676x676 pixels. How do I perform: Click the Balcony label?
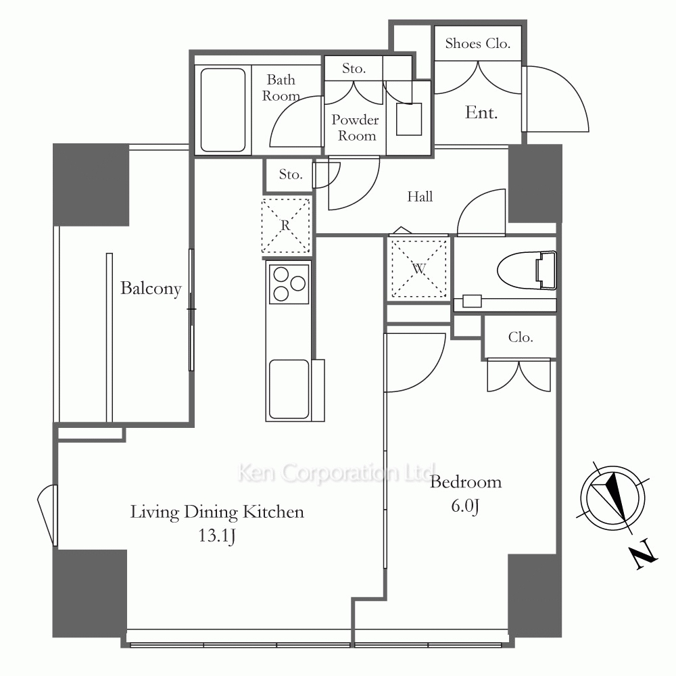pos(151,289)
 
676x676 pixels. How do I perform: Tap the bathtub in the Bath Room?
pos(223,110)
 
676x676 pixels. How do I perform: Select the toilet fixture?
pos(527,270)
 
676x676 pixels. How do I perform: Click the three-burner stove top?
pos(289,284)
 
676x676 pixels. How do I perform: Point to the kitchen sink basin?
pos(289,390)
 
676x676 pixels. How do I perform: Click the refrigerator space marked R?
pos(285,225)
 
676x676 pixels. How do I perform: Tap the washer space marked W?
pos(418,268)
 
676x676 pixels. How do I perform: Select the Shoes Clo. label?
pos(478,43)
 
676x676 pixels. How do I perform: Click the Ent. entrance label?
pos(481,112)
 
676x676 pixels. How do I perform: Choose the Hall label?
pos(420,197)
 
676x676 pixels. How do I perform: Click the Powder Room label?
pos(356,128)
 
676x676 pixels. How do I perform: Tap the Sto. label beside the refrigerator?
pos(291,174)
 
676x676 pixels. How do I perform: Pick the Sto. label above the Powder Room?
pos(354,68)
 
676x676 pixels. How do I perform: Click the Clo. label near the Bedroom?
pos(521,337)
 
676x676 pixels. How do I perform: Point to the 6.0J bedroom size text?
pos(465,505)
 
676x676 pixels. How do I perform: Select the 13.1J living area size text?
pos(217,535)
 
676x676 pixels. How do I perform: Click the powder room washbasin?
pos(409,119)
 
